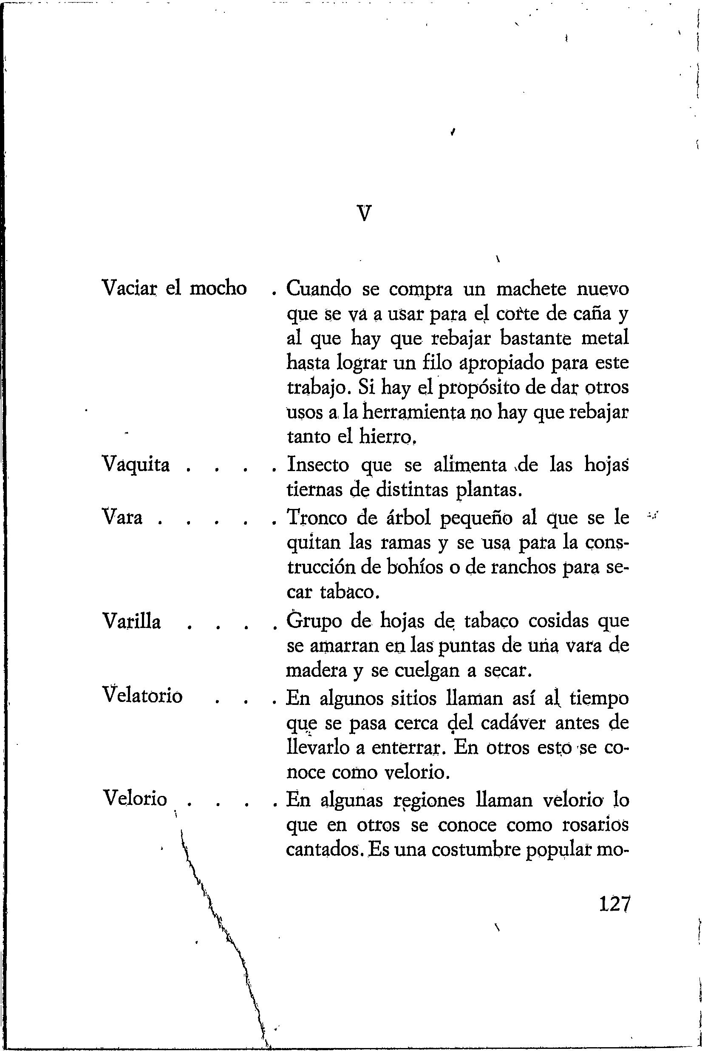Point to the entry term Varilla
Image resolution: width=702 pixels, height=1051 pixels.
point(132,622)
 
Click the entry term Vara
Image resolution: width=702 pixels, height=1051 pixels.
point(122,518)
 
